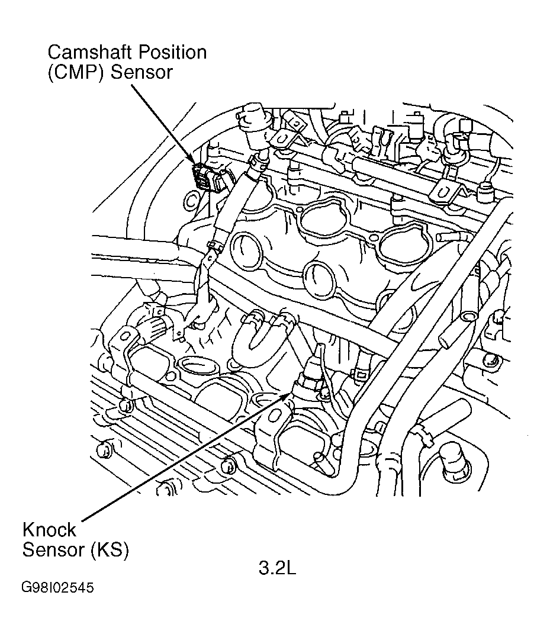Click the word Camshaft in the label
(90, 53)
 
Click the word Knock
(49, 529)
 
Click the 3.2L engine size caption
(276, 568)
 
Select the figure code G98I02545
(57, 588)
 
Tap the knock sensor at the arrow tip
(310, 379)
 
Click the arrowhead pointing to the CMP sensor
(192, 163)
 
